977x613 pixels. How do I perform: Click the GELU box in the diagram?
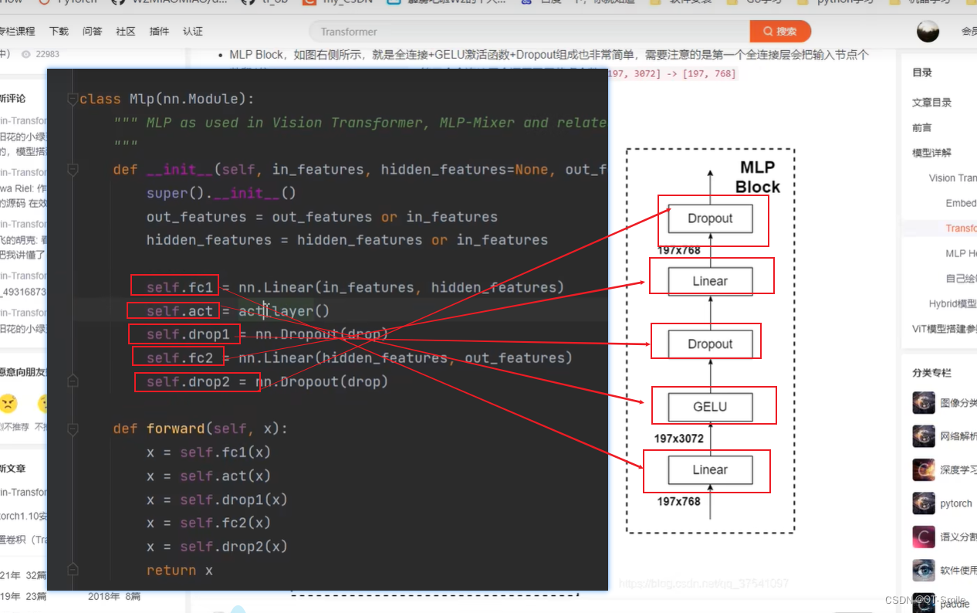click(x=710, y=406)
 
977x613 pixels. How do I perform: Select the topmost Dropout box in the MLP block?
click(x=710, y=218)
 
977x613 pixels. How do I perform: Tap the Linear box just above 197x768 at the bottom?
click(x=710, y=469)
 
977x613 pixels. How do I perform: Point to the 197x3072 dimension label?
click(x=679, y=439)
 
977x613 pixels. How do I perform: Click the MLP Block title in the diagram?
click(x=757, y=178)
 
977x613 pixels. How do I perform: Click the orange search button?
click(x=779, y=32)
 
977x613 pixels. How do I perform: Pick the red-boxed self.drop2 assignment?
click(x=196, y=381)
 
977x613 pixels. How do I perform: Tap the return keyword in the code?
click(x=171, y=571)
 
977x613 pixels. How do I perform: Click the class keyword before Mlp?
click(x=100, y=99)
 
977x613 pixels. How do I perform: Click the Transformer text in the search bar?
click(x=349, y=32)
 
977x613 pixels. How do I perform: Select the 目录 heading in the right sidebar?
click(x=922, y=73)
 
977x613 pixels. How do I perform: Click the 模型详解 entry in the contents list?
click(x=931, y=153)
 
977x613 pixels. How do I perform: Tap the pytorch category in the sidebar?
click(x=955, y=503)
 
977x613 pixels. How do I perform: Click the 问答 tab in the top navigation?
click(x=93, y=32)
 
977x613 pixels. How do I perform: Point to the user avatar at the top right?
click(x=928, y=32)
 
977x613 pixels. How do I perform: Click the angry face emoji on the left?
click(x=8, y=403)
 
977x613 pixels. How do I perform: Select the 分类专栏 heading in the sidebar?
click(x=931, y=373)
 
